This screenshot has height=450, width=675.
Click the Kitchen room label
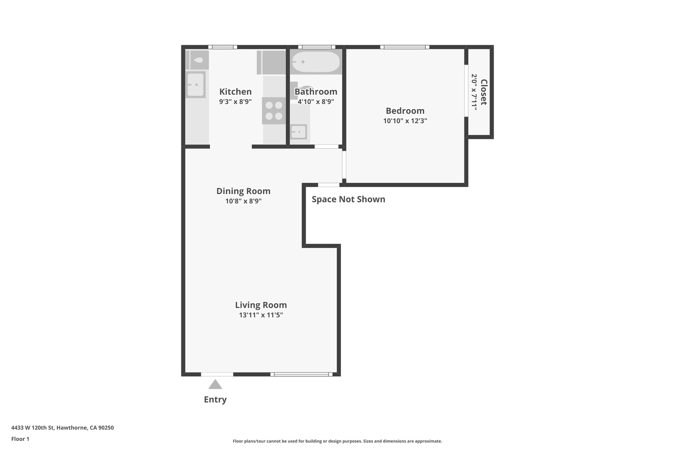(235, 92)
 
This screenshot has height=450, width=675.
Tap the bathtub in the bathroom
(316, 62)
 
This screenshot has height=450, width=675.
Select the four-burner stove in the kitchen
(274, 111)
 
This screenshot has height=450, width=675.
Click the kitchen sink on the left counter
(195, 85)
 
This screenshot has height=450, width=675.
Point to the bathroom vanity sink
(299, 132)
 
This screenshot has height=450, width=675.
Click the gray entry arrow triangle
(215, 385)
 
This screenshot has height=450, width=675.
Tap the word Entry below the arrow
(215, 400)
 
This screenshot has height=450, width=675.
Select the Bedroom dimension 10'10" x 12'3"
(405, 121)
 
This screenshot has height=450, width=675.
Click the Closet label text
(484, 92)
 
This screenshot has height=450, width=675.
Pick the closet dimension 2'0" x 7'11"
(474, 92)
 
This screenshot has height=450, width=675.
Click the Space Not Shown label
(348, 199)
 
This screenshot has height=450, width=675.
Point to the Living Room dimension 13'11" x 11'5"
(261, 315)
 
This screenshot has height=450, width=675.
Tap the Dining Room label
(243, 191)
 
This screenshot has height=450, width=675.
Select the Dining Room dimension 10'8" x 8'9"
(243, 201)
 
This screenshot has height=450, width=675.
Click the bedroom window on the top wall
(404, 47)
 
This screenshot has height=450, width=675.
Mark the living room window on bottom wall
(301, 374)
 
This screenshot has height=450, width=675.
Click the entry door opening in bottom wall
(217, 374)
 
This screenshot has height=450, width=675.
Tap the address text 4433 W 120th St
(62, 428)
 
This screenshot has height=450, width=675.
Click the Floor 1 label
(20, 439)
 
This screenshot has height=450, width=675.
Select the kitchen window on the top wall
(222, 47)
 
